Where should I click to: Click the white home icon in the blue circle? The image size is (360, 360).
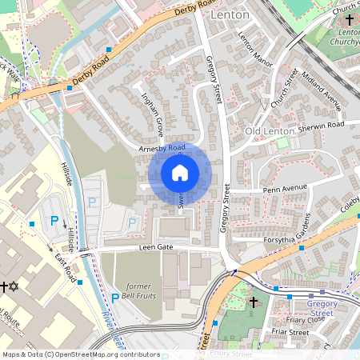click(180, 172)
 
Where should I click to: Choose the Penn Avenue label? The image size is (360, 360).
click(285, 190)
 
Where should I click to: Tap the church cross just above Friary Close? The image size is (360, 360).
click(254, 302)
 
